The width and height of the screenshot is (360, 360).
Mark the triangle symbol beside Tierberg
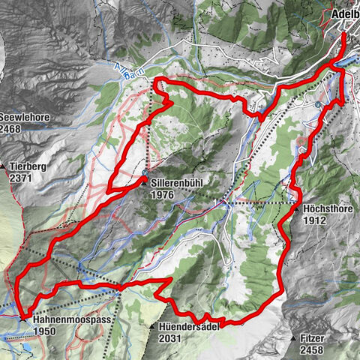coord(4,166)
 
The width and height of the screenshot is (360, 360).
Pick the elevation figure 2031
coord(171,338)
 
